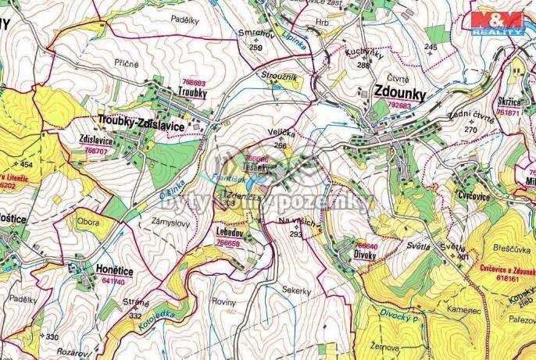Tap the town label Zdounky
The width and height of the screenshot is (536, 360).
(x=400, y=90)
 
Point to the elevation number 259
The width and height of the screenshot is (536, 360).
(x=255, y=48)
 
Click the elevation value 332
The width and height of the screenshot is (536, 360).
(x=136, y=315)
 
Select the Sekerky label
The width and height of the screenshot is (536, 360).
(x=296, y=291)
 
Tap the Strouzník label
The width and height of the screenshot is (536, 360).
(x=282, y=77)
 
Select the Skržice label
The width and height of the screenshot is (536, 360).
(x=509, y=101)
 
